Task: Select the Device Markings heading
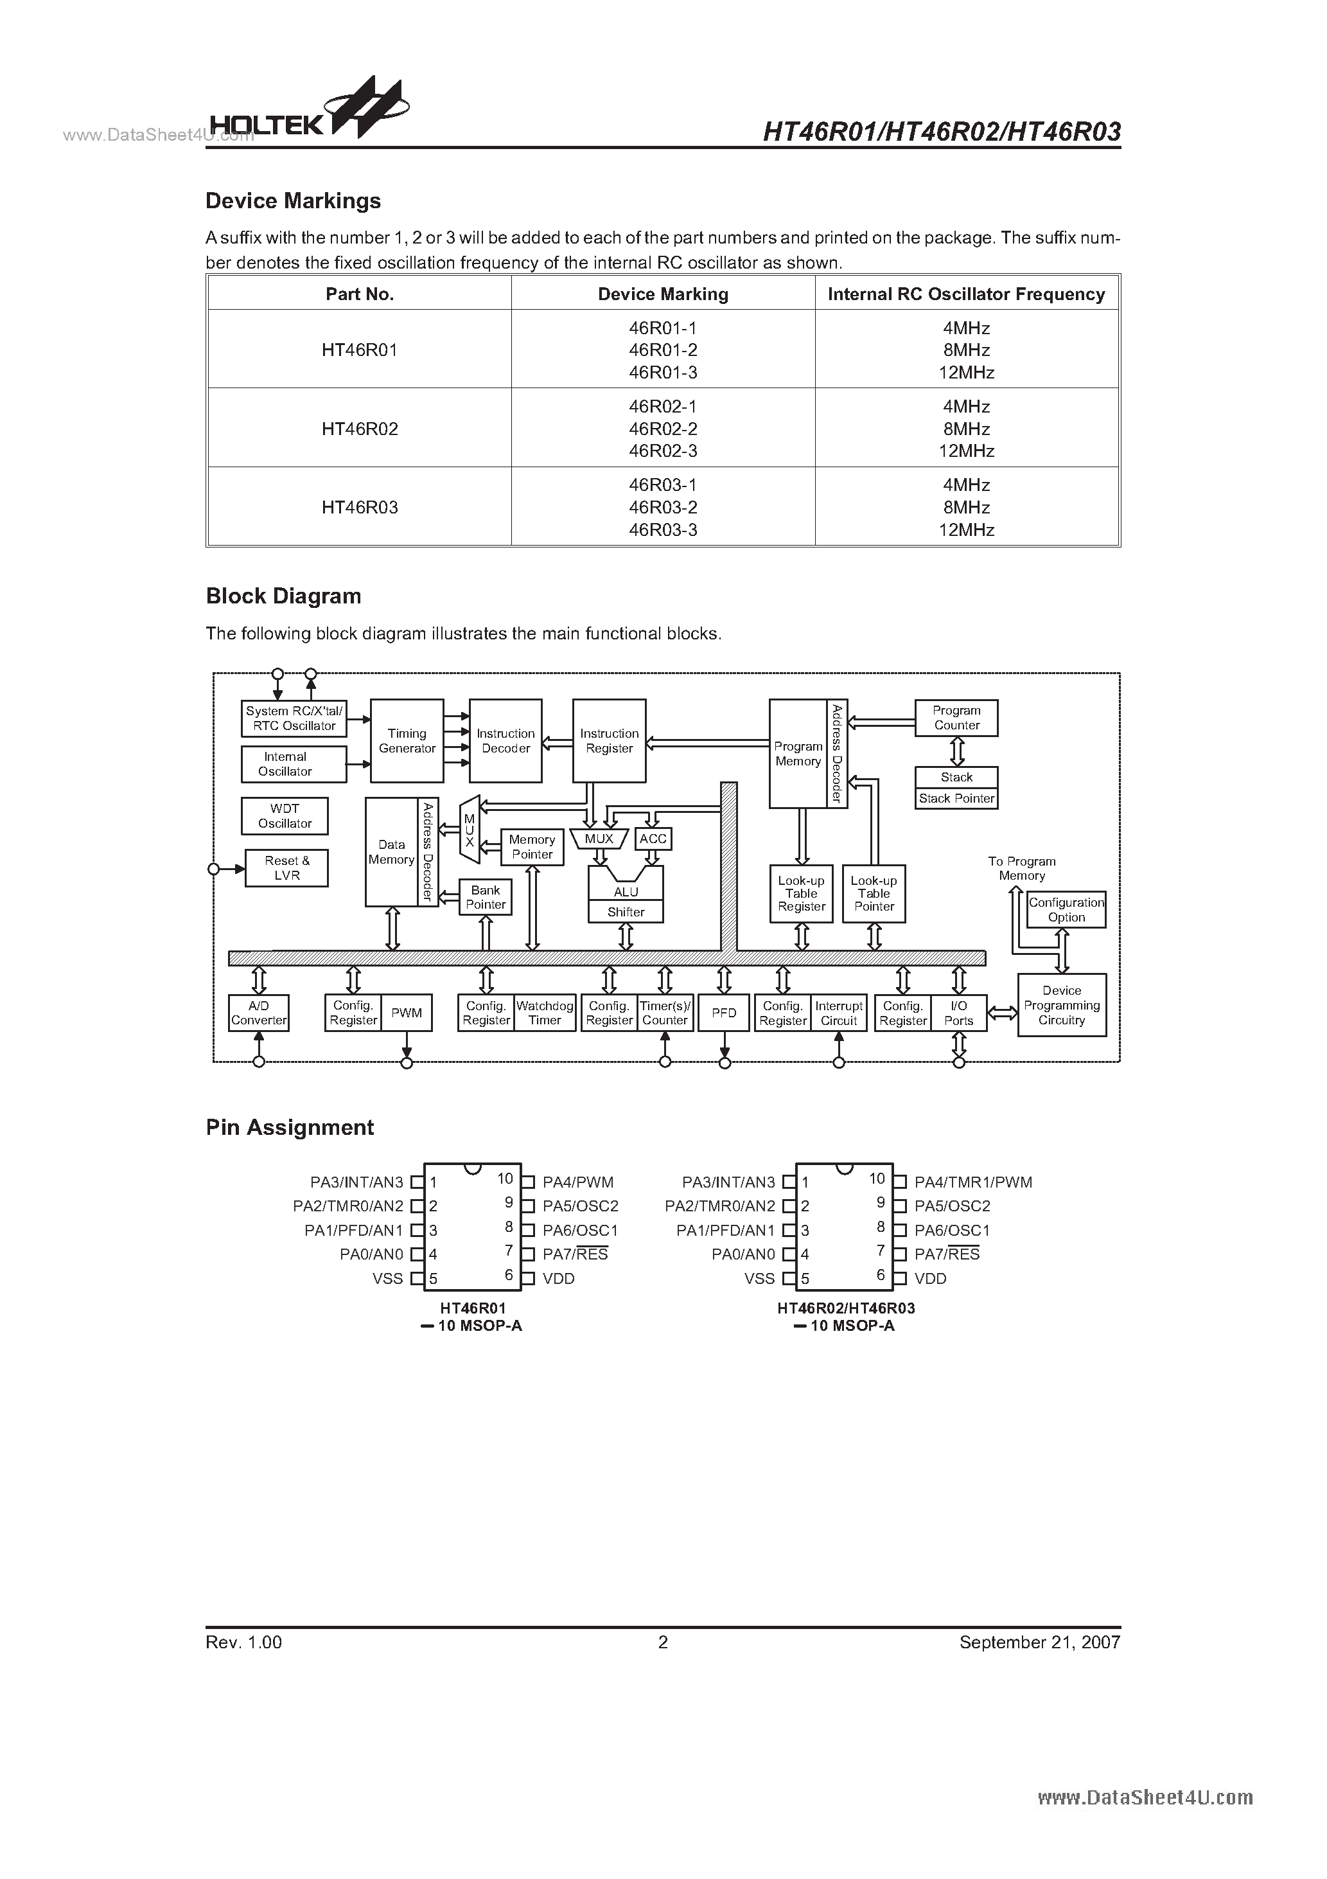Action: tap(293, 201)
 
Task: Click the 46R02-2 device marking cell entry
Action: tap(663, 429)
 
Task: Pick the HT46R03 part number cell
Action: tap(359, 508)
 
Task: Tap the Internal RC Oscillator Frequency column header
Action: tap(966, 294)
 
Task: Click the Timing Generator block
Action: tap(407, 741)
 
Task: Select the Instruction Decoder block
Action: tap(505, 741)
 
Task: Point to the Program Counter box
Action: tap(956, 718)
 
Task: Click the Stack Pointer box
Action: tap(956, 799)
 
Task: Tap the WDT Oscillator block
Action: tap(285, 816)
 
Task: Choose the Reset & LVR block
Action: tap(286, 868)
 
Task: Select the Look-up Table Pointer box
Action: tap(874, 894)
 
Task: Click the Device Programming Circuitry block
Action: tap(1062, 1005)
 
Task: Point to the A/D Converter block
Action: tap(259, 1013)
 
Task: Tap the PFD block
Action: tap(724, 1013)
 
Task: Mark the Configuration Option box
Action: tap(1066, 910)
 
